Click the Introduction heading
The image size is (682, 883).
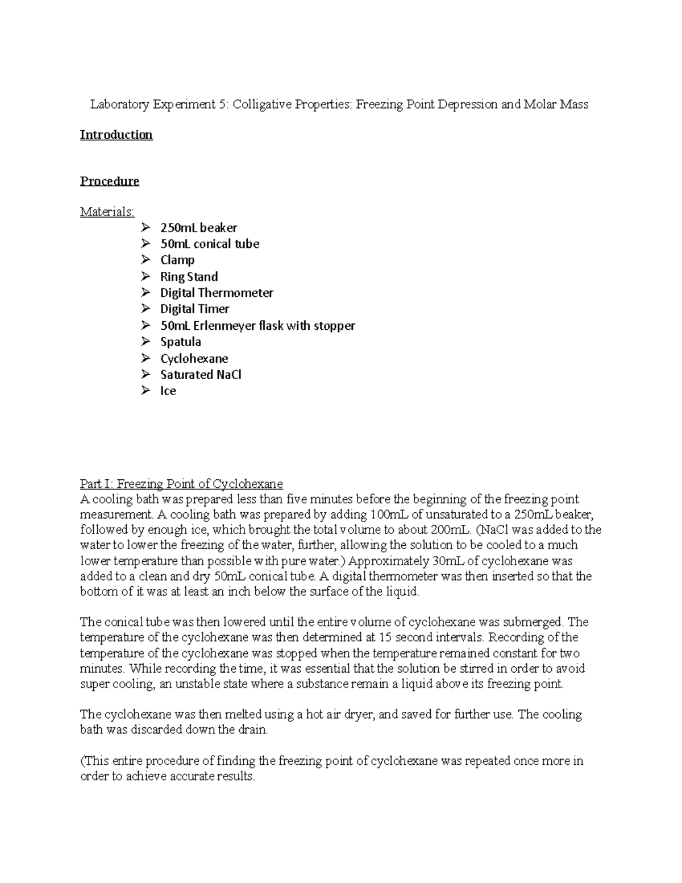point(116,135)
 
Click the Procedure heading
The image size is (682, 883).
point(109,181)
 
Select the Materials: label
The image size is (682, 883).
point(107,212)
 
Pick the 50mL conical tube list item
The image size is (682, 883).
point(209,244)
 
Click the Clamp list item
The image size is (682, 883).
point(177,260)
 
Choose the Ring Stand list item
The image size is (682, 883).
point(189,277)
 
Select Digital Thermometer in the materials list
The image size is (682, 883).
point(217,293)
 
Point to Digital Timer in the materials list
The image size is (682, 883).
point(194,309)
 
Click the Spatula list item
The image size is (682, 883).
point(180,342)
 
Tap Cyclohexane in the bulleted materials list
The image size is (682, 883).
point(194,358)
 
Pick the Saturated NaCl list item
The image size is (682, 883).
point(201,375)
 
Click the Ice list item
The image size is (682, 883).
point(168,391)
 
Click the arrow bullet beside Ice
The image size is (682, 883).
point(146,391)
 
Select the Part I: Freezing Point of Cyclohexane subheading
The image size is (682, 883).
point(181,484)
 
